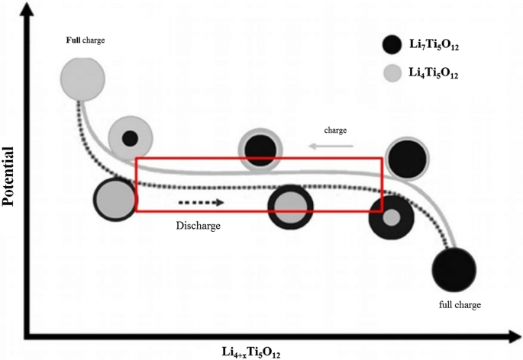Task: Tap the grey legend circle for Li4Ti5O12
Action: (392, 74)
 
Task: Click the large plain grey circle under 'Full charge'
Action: (82, 76)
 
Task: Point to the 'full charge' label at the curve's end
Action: (458, 305)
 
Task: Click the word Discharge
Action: (199, 226)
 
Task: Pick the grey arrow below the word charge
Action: (331, 145)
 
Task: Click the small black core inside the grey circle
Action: (131, 138)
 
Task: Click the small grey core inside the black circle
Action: (392, 217)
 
